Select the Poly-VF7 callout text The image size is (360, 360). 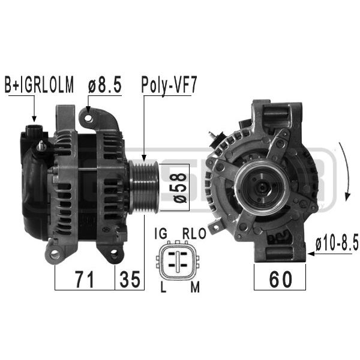169,85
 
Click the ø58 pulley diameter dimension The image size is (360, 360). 180,188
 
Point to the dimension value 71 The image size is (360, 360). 85,279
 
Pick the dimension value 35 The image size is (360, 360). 130,279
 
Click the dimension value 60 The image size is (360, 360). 280,279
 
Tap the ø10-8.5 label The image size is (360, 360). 337,244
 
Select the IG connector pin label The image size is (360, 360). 161,233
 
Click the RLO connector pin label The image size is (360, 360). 194,233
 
